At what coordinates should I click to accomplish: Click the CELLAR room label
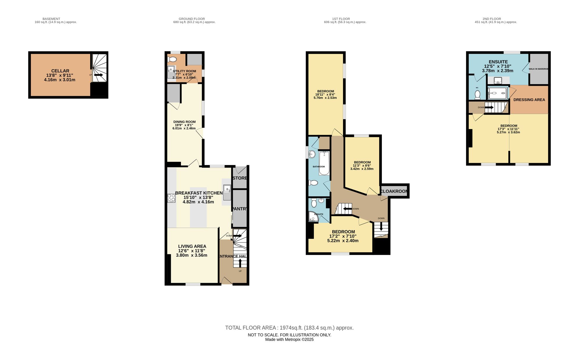(x=60, y=71)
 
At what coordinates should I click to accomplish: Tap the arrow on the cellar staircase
(x=98, y=75)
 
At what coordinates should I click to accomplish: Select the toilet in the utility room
(x=172, y=60)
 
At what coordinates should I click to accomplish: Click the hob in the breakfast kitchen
(x=171, y=198)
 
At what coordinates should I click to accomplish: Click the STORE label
(x=240, y=178)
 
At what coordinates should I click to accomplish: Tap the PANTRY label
(x=240, y=209)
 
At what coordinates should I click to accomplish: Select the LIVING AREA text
(x=192, y=246)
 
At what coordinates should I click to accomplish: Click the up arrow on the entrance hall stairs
(x=240, y=263)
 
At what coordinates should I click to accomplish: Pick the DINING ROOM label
(x=184, y=122)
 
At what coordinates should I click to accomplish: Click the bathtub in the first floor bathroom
(x=324, y=164)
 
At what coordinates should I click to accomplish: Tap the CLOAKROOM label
(x=394, y=191)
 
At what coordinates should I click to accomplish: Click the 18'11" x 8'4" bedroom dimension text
(x=325, y=95)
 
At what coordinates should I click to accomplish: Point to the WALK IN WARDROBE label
(x=538, y=69)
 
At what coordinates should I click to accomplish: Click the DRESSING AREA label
(x=529, y=100)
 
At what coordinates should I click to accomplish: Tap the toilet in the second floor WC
(x=477, y=94)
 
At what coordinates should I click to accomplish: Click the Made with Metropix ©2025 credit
(x=289, y=340)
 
